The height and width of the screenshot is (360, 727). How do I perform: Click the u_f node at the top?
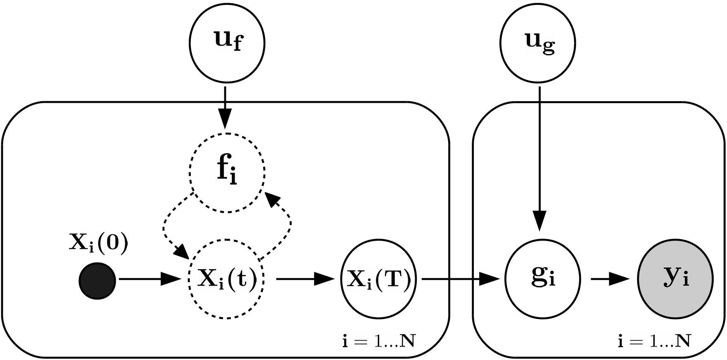[x=227, y=43]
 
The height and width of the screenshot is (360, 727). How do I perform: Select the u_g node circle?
[x=538, y=43]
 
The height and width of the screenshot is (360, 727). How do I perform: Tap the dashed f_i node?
[x=227, y=173]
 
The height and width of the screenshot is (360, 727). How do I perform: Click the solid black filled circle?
[x=97, y=280]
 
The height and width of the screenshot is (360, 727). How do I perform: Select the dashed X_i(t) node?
[x=226, y=279]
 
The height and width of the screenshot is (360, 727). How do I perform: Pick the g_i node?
[x=542, y=279]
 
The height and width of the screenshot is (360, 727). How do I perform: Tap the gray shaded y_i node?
[x=675, y=279]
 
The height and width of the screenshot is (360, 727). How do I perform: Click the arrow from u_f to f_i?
[x=225, y=107]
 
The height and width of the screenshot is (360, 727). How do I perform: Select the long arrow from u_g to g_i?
[x=539, y=157]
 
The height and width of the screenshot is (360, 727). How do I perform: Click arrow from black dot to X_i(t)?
[x=149, y=279]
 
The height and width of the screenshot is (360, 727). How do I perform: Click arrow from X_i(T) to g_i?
[x=459, y=279]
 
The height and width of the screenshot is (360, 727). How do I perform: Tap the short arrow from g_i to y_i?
[x=609, y=279]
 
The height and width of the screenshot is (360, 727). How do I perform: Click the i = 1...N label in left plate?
[x=378, y=341]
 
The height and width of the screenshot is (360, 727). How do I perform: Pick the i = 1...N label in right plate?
[x=654, y=341]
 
